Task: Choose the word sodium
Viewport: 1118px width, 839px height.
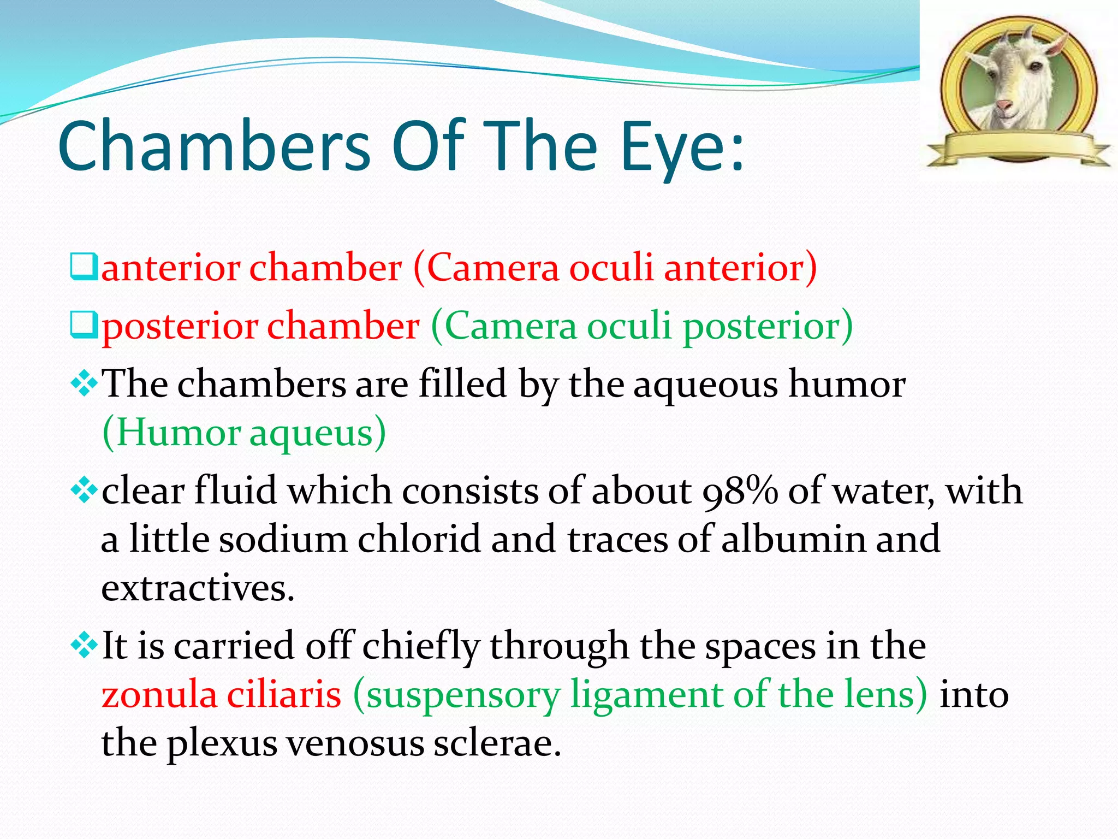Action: coord(283,539)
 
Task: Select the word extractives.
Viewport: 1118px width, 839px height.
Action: coord(198,588)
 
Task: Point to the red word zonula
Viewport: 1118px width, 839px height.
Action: coord(159,695)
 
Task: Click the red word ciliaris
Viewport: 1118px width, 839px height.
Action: coord(284,695)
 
